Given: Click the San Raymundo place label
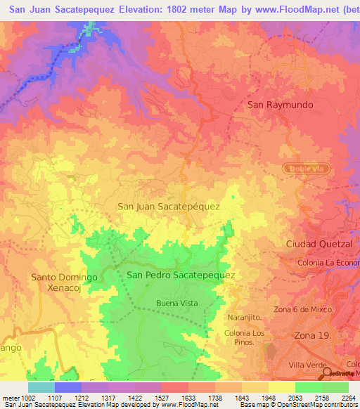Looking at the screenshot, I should click(280, 104).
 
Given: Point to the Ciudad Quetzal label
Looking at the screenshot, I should click(319, 243).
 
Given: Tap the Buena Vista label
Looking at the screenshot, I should click(176, 303).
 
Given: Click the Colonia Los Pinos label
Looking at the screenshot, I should click(244, 337).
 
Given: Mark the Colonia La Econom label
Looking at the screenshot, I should click(328, 263).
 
